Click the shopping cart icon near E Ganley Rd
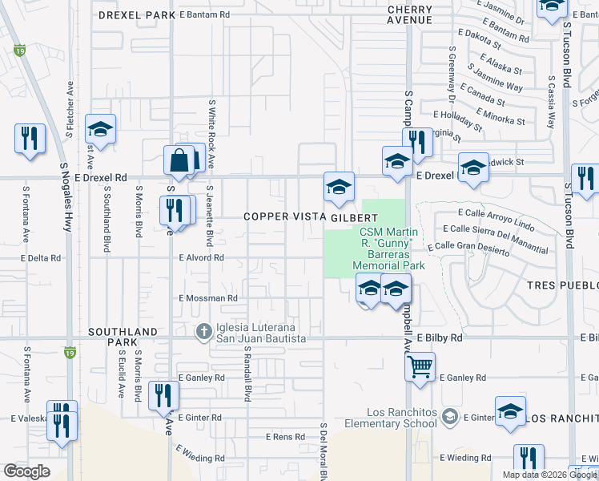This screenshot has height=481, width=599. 420,368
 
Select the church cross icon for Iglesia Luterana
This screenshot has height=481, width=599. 204,330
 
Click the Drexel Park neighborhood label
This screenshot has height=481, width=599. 136,14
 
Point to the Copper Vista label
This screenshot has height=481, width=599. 284,217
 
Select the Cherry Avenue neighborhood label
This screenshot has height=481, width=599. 409,15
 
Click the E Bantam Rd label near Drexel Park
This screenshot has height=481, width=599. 204,14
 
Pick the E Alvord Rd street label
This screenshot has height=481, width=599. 200,257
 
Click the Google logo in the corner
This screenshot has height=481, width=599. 27,471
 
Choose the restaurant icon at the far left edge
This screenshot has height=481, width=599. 30,138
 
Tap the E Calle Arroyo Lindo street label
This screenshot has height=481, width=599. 496,214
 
